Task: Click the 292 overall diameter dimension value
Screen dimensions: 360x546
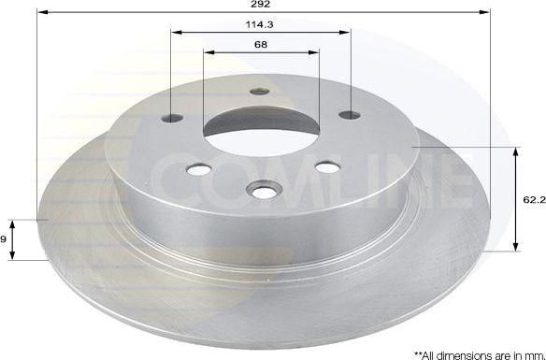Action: point(274,7)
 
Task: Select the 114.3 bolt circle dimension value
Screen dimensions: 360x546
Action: point(261,24)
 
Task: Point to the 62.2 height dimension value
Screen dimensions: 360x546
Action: point(533,198)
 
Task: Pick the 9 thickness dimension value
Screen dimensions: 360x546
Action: point(5,240)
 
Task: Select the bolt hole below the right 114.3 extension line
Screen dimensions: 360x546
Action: point(349,115)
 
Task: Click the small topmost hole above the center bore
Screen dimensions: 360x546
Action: point(260,92)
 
